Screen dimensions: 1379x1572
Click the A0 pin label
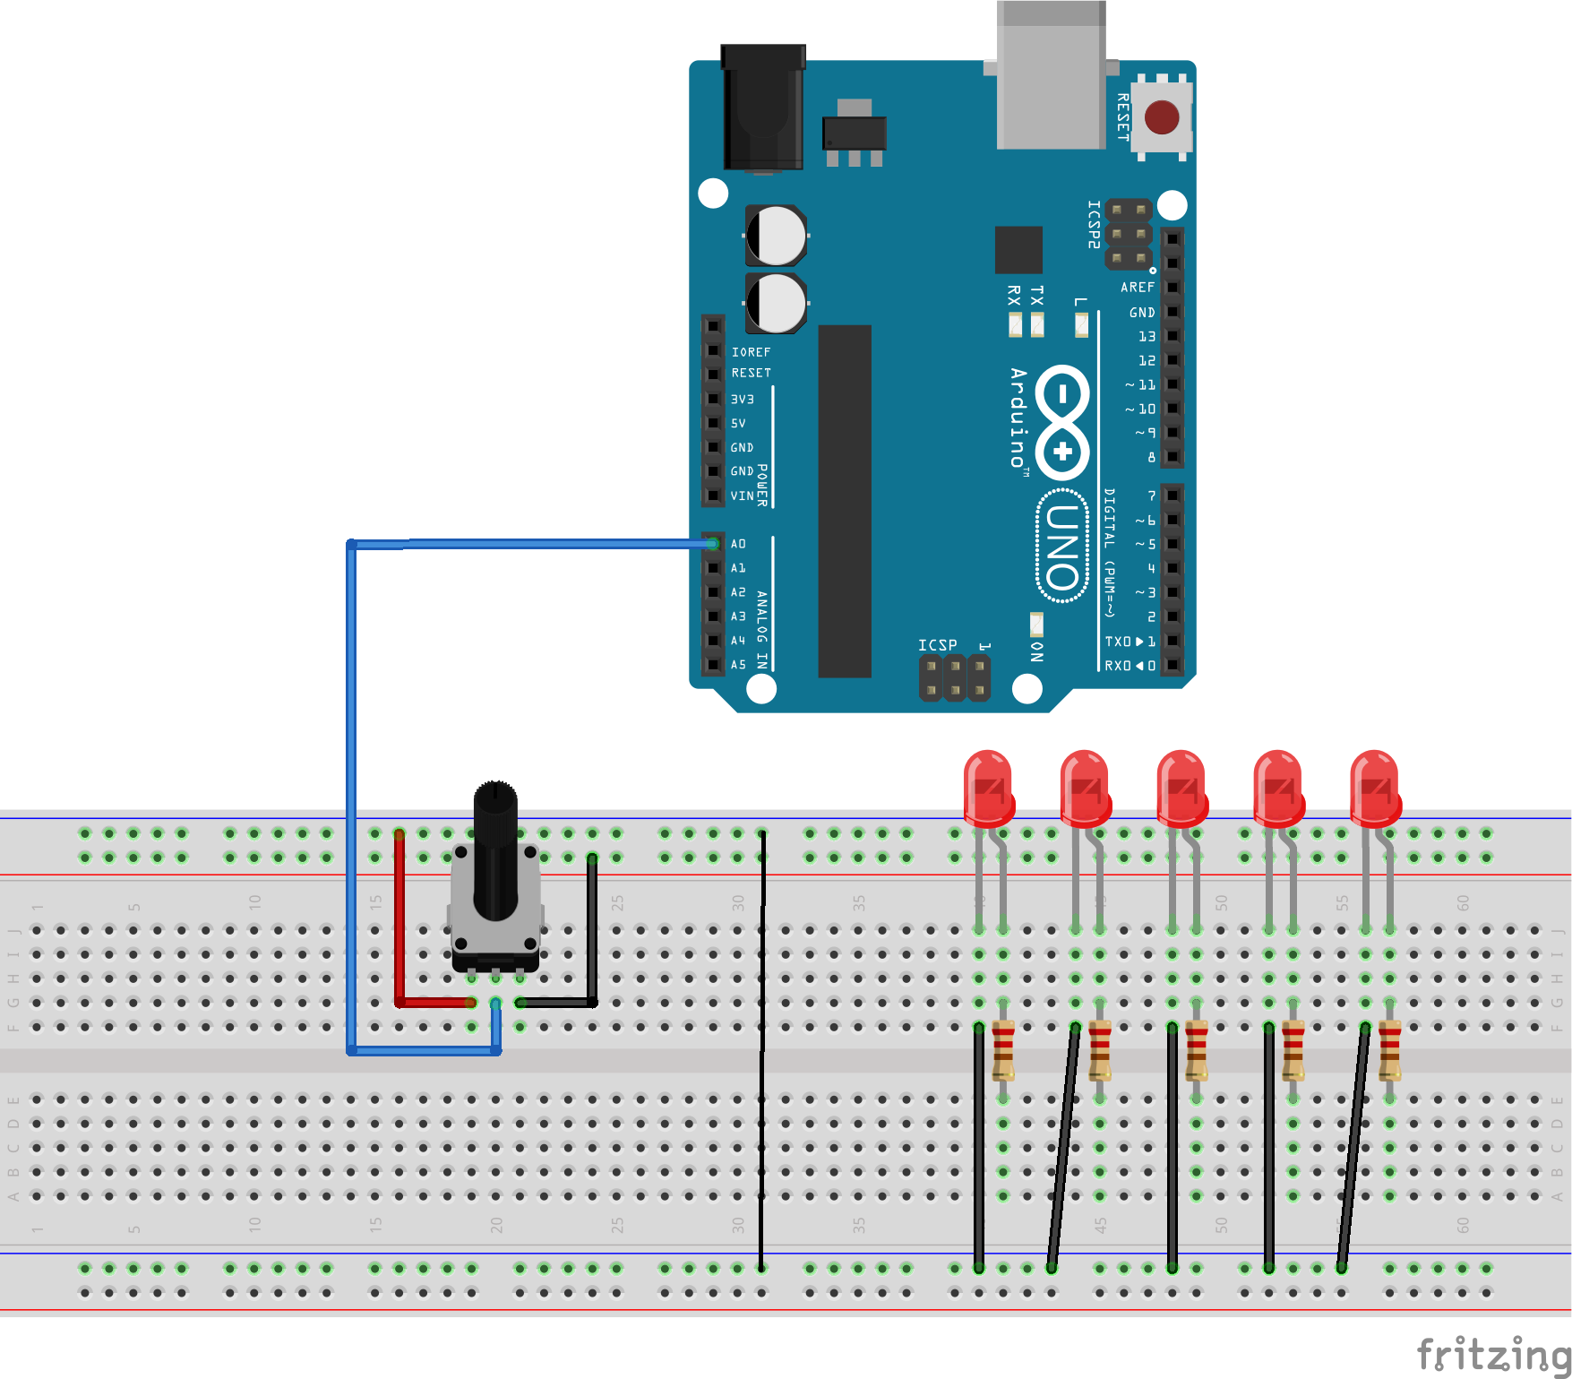pyautogui.click(x=738, y=544)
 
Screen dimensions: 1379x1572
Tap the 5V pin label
pyautogui.click(x=738, y=423)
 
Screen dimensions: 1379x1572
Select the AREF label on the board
pyautogui.click(x=1137, y=288)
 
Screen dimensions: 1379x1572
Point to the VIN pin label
pyautogui.click(x=742, y=496)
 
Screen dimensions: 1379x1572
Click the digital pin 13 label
pyautogui.click(x=1147, y=336)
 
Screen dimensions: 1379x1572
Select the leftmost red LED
pyautogui.click(x=989, y=789)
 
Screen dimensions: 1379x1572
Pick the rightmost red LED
pyautogui.click(x=1375, y=789)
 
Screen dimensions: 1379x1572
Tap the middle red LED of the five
pyautogui.click(x=1182, y=789)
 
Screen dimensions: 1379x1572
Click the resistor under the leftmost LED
pyautogui.click(x=1003, y=1050)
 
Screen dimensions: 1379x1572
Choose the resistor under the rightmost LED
pyautogui.click(x=1389, y=1050)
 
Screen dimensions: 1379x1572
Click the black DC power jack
pyautogui.click(x=763, y=108)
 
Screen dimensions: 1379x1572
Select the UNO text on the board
pyautogui.click(x=1062, y=547)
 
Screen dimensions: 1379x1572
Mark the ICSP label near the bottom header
pyautogui.click(x=937, y=645)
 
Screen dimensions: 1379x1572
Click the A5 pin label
pyautogui.click(x=738, y=665)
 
